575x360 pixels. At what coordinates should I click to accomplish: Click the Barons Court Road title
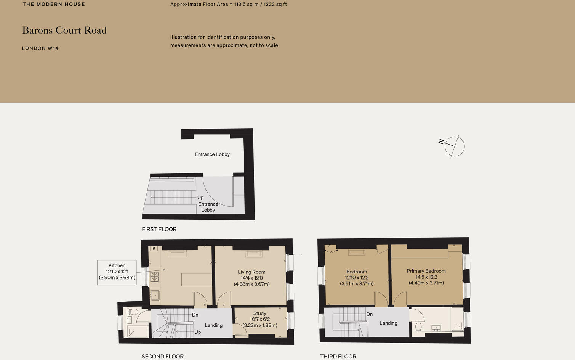[x=64, y=30]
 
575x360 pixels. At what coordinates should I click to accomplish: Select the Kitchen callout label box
[x=117, y=272]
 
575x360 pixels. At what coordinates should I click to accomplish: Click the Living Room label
[x=251, y=278]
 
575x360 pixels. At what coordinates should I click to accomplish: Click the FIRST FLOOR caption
[x=159, y=229]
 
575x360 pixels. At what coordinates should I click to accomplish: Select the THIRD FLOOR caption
[x=338, y=357]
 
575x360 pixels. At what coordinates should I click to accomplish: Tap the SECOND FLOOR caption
[x=163, y=357]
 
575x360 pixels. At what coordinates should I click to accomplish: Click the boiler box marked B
[x=154, y=249]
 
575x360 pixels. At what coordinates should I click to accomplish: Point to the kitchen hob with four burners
[x=155, y=277]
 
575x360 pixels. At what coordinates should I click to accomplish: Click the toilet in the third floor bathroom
[x=418, y=327]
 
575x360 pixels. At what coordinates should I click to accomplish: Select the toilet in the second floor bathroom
[x=132, y=312]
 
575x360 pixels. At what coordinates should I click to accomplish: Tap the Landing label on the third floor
[x=388, y=323]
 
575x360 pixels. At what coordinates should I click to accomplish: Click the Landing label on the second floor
[x=213, y=325]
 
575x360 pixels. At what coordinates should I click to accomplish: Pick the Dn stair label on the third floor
[x=369, y=315]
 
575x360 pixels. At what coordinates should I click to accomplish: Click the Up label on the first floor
[x=200, y=198]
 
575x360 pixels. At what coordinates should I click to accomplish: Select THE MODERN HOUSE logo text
[x=54, y=4]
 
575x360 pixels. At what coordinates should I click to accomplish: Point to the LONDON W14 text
[x=40, y=48]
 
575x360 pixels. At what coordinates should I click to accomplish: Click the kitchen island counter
[x=197, y=280]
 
